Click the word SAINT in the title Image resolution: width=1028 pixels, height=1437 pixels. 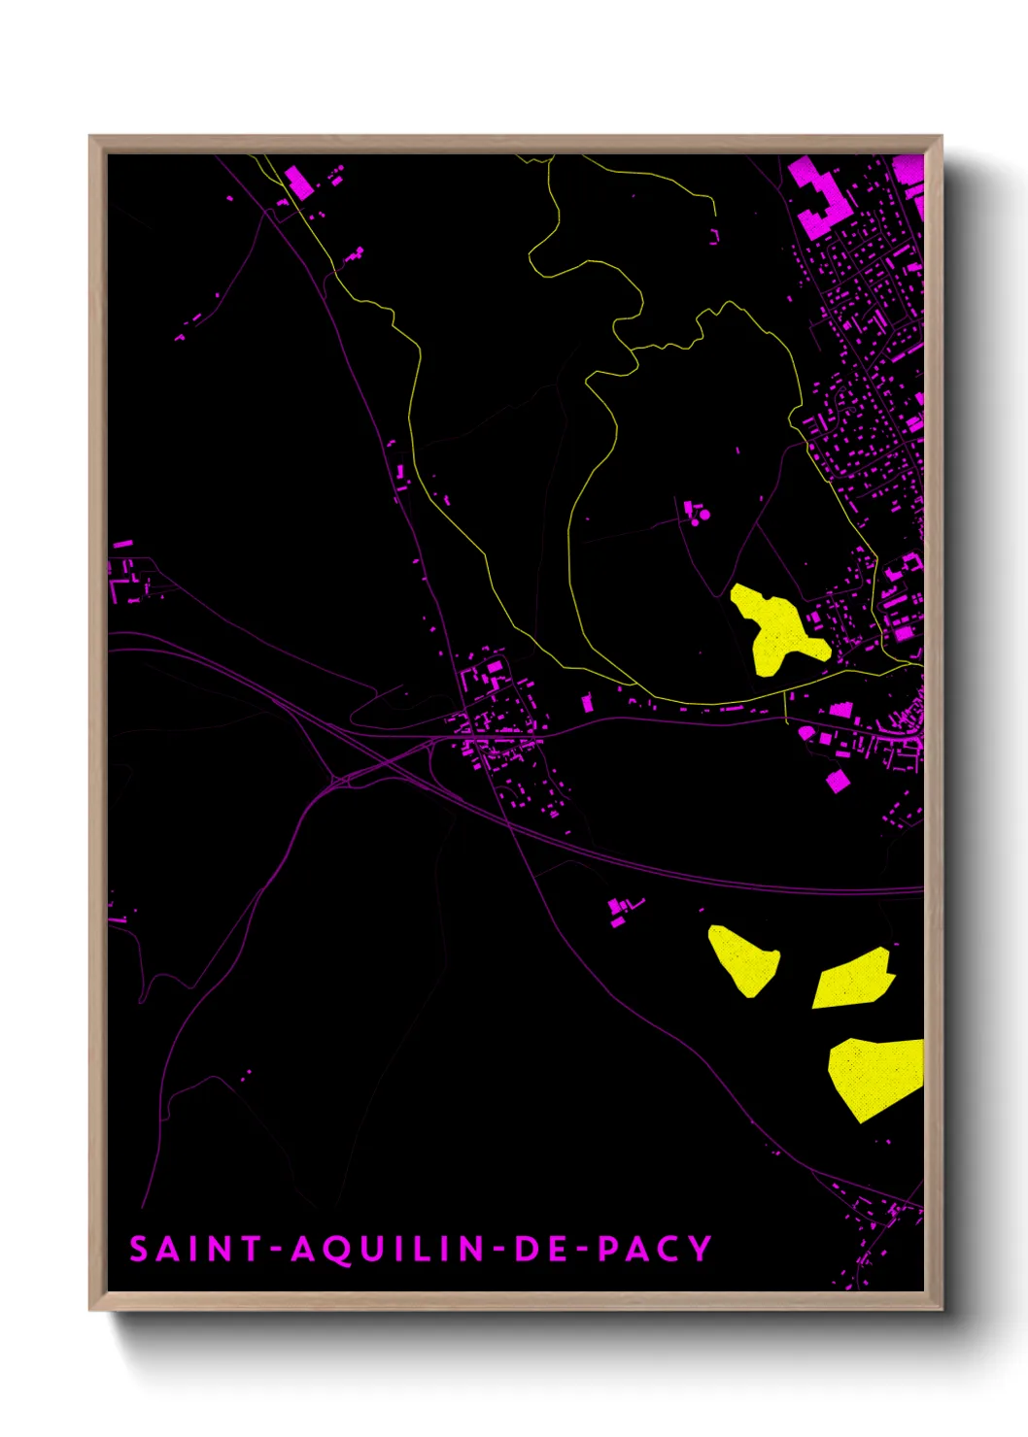[x=194, y=1249]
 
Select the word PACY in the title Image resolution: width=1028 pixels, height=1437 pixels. [x=655, y=1249]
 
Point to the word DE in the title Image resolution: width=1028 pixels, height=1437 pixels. [x=539, y=1249]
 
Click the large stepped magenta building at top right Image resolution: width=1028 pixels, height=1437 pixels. [x=819, y=199]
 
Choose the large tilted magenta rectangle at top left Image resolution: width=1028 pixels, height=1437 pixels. [x=299, y=182]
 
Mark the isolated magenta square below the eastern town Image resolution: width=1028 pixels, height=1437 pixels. [x=838, y=781]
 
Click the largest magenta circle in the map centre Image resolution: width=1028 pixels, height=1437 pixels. [x=705, y=515]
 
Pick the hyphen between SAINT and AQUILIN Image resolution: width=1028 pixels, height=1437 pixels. [x=277, y=1250]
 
